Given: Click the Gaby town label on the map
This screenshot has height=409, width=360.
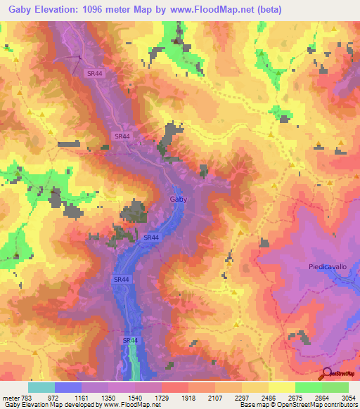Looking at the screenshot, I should click(x=179, y=200).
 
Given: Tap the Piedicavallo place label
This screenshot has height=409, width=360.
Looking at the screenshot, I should click(x=327, y=266).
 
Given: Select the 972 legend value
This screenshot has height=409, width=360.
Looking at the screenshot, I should click(x=54, y=398).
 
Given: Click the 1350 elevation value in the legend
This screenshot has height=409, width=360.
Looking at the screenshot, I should click(x=108, y=398).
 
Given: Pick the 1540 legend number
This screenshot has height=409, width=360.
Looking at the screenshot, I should click(x=134, y=398).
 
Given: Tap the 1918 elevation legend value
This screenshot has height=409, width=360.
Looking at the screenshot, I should click(x=188, y=398).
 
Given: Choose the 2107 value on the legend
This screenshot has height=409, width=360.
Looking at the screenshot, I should click(x=214, y=398).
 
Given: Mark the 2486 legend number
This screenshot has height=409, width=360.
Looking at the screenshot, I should click(x=268, y=398).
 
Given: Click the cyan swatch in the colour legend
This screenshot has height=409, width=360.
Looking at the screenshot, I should click(x=41, y=387).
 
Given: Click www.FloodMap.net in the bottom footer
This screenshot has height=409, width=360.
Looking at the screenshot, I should click(x=130, y=405).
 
